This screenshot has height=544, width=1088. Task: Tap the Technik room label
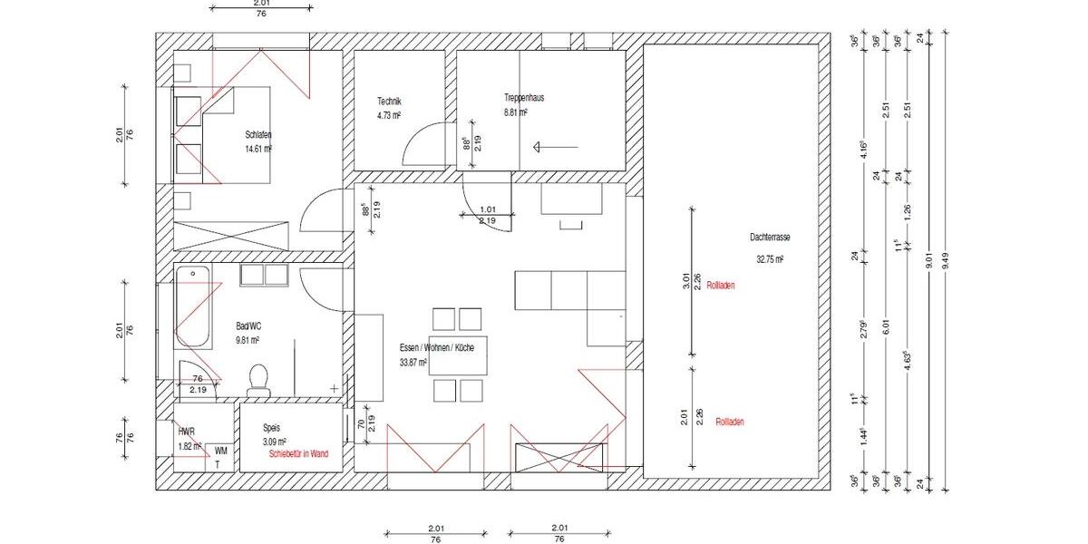(389, 102)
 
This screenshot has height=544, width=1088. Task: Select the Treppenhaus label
(524, 98)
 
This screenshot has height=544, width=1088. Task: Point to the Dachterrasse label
(770, 238)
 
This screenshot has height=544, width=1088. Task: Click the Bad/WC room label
(248, 325)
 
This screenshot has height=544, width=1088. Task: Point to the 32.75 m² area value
(769, 258)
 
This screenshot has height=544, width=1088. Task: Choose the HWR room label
(187, 432)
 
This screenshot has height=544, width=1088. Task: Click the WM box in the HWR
(220, 451)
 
